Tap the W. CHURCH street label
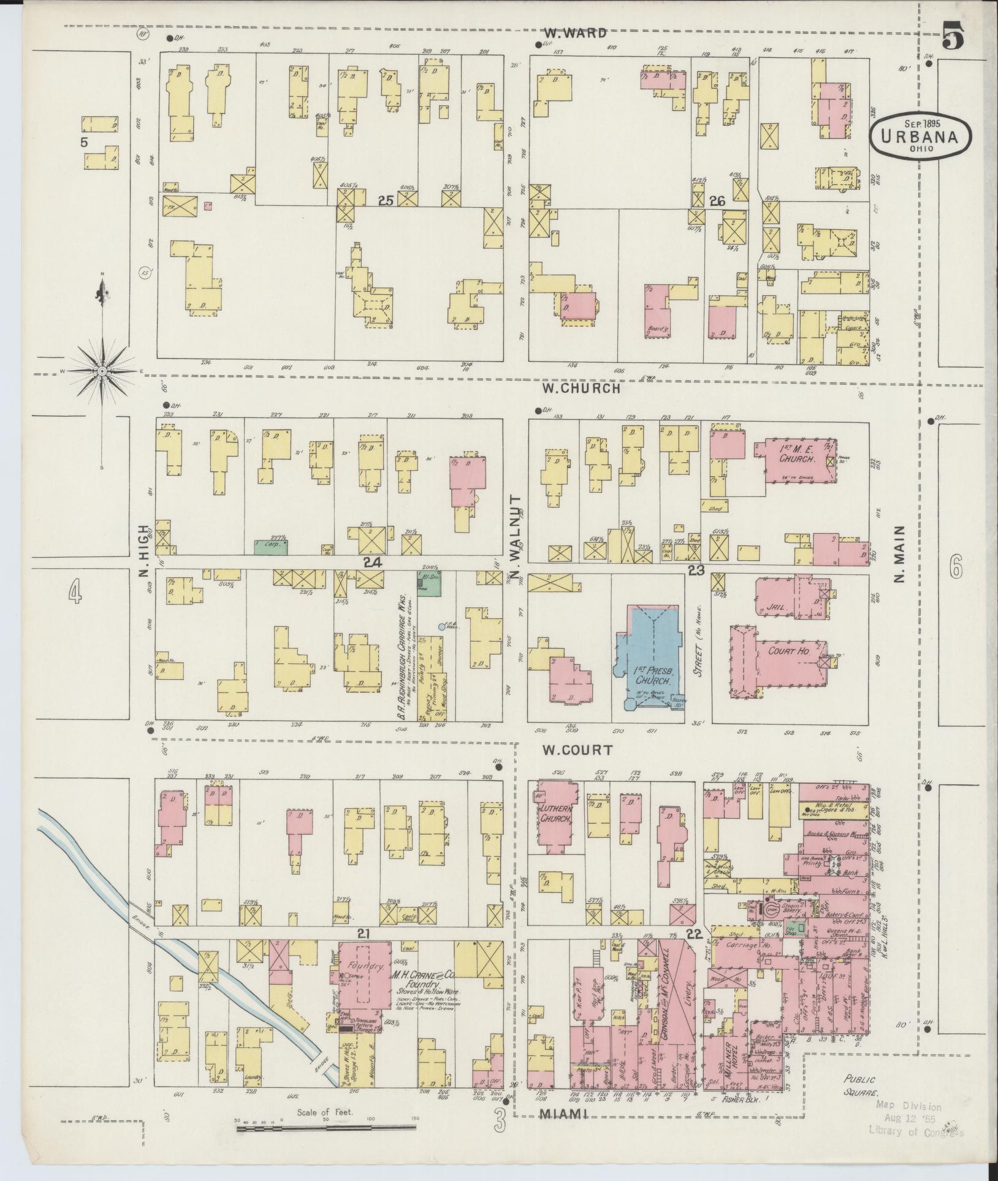pyautogui.click(x=581, y=388)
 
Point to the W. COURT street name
pyautogui.click(x=577, y=749)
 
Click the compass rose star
pyautogui.click(x=102, y=371)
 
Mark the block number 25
pyautogui.click(x=384, y=200)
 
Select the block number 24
pyautogui.click(x=372, y=562)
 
